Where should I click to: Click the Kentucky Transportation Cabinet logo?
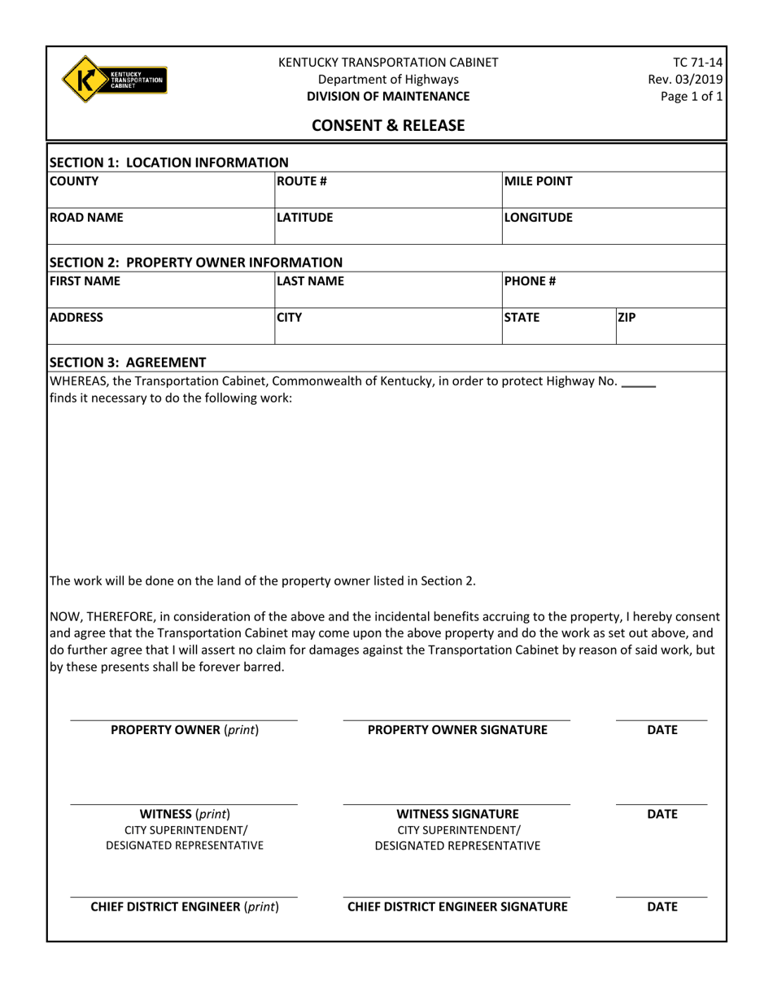pyautogui.click(x=115, y=79)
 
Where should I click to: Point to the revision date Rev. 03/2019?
pyautogui.click(x=684, y=79)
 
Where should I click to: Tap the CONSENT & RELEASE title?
pyautogui.click(x=388, y=125)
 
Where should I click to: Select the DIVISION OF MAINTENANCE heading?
pyautogui.click(x=388, y=96)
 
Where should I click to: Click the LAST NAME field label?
pyautogui.click(x=311, y=281)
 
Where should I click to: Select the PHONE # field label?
pyautogui.click(x=530, y=281)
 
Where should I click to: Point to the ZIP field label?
pyautogui.click(x=627, y=318)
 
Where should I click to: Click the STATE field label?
pyautogui.click(x=522, y=318)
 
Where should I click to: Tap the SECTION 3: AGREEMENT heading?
pyautogui.click(x=129, y=362)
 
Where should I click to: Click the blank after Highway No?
pyautogui.click(x=638, y=382)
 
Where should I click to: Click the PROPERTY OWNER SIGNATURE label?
pyautogui.click(x=457, y=730)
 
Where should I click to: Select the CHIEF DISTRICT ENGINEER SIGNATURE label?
pyautogui.click(x=457, y=907)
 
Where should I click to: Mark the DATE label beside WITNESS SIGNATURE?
pyautogui.click(x=662, y=814)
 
